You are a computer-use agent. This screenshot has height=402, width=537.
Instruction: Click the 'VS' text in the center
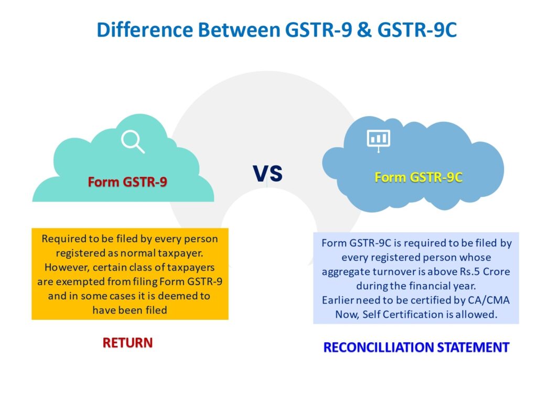pyautogui.click(x=267, y=173)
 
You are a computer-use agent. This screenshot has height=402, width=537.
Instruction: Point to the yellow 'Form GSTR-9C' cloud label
pyautogui.click(x=418, y=177)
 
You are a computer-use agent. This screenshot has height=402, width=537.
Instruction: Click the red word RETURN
pyautogui.click(x=127, y=343)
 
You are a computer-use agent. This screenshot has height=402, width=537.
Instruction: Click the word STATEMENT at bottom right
pyautogui.click(x=479, y=347)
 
